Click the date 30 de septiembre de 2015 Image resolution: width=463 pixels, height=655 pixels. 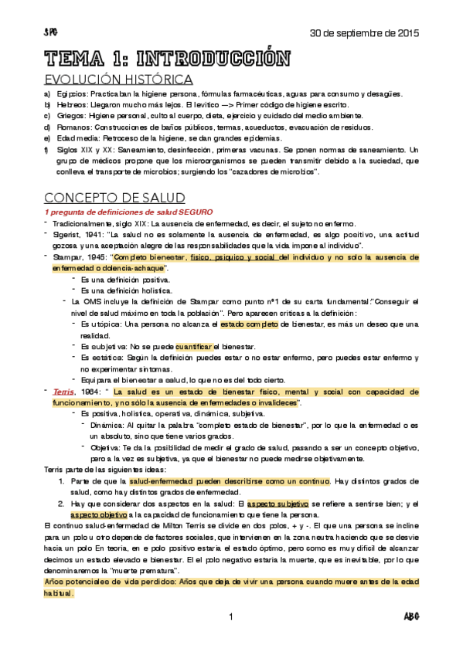(364, 33)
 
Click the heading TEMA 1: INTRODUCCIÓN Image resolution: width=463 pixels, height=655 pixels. (167, 59)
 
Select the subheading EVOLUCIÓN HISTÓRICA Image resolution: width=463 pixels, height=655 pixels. (118, 80)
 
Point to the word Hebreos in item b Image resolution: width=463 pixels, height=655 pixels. (68, 105)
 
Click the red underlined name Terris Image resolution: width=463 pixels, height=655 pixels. (64, 392)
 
